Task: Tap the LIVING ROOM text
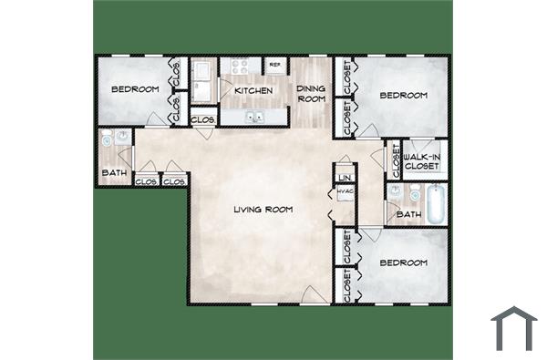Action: [x=263, y=211]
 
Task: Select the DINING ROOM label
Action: [x=312, y=93]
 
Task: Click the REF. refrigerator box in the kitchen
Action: [x=274, y=66]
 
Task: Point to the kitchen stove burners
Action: [x=241, y=66]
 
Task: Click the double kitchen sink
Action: [x=253, y=117]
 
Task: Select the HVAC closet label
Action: [x=345, y=191]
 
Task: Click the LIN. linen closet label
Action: [x=345, y=177]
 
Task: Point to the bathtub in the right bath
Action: [x=436, y=202]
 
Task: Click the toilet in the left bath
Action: [x=120, y=139]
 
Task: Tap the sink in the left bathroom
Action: [x=106, y=140]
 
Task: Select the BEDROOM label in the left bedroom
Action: [x=135, y=89]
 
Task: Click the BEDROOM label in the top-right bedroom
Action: [x=404, y=96]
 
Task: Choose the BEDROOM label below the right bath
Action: [x=404, y=262]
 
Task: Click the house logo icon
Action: [x=513, y=328]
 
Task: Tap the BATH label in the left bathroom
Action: [x=114, y=172]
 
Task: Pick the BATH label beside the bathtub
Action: [x=408, y=215]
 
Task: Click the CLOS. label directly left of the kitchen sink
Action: [x=203, y=119]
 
